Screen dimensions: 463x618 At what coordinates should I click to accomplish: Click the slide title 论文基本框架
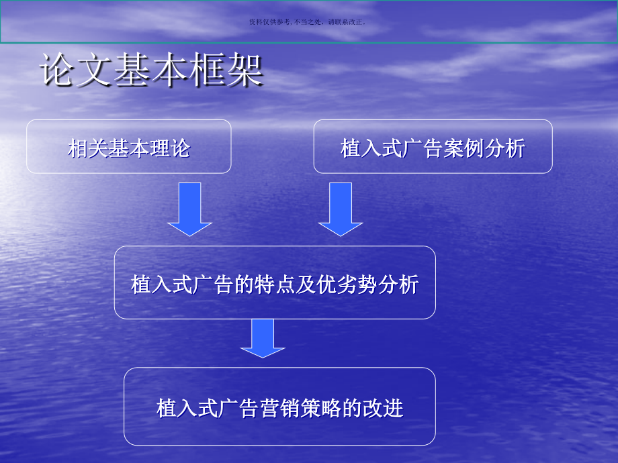(152, 70)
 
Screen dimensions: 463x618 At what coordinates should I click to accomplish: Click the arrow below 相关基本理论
(189, 209)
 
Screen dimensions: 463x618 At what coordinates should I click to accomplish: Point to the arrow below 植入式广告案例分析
(340, 209)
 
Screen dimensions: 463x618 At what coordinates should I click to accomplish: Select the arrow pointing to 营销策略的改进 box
(263, 338)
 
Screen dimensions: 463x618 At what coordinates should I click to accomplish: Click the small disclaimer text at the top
(308, 21)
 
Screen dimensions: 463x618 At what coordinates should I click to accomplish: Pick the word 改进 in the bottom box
(386, 408)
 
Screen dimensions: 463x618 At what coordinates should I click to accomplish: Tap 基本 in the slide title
(152, 70)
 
